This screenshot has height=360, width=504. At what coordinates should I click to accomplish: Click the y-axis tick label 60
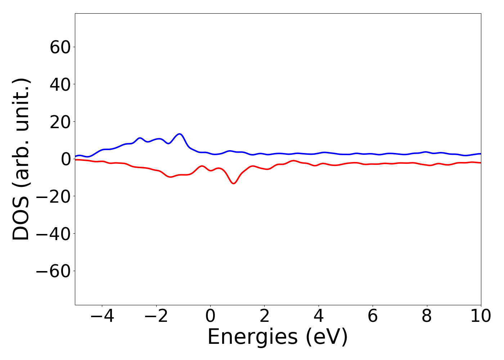[x=59, y=47]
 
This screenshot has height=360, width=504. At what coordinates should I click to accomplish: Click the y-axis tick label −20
[x=54, y=196]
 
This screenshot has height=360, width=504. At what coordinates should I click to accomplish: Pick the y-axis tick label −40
[x=54, y=234]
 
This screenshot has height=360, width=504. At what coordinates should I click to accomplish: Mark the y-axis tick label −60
[x=54, y=271]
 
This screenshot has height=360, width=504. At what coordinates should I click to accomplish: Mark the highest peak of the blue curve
[x=180, y=134]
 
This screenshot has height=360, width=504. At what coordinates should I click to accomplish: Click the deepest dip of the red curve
[x=234, y=184]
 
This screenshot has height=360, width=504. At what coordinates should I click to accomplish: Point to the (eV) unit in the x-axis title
[x=327, y=337]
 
